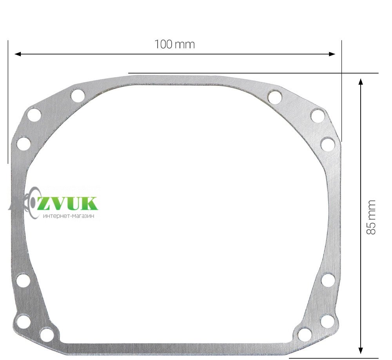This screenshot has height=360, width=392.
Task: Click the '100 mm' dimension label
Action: (x=174, y=45)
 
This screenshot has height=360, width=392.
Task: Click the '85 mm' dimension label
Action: (x=371, y=217)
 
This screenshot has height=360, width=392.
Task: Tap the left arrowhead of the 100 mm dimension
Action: (x=18, y=54)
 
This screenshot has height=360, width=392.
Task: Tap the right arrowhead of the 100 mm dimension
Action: (x=332, y=54)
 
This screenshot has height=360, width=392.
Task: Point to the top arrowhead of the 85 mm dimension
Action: (x=361, y=82)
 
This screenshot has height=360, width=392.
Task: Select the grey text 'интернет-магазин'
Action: (x=69, y=216)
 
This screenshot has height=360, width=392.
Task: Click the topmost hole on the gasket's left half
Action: (x=78, y=95)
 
